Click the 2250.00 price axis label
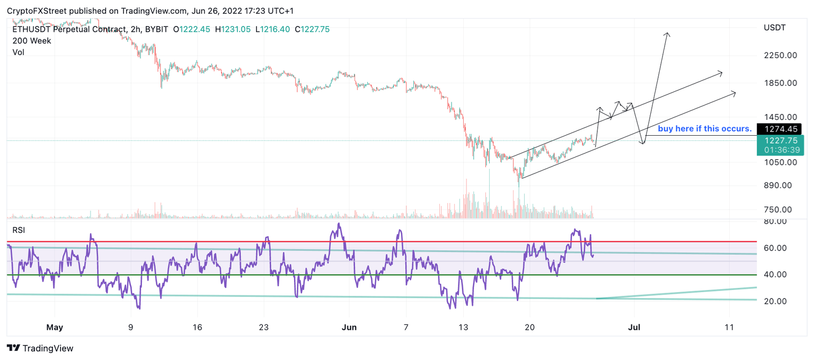click(781, 55)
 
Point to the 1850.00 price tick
click(781, 83)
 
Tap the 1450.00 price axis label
click(781, 117)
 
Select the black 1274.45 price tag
click(779, 128)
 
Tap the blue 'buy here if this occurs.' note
click(704, 128)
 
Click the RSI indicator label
click(19, 230)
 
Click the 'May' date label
click(55, 327)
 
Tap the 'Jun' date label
click(349, 327)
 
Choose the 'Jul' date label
click(634, 327)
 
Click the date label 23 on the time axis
click(264, 327)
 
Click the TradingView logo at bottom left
click(40, 348)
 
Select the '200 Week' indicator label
click(32, 41)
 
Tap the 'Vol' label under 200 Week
click(19, 52)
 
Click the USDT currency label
click(774, 28)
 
